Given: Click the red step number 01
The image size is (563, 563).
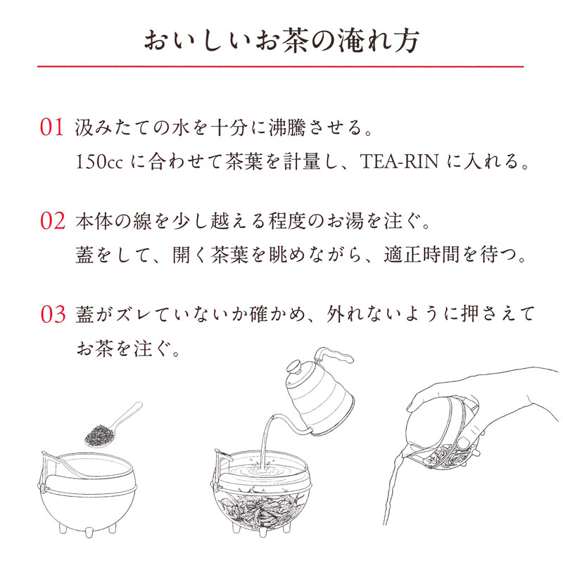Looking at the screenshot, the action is (x=52, y=127).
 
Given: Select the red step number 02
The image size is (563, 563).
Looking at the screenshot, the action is (x=52, y=221).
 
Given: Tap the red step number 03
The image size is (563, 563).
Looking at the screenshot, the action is (x=53, y=314).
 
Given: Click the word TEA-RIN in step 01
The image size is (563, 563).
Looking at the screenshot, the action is (x=399, y=161).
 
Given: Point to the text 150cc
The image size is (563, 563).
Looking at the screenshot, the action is (x=99, y=162).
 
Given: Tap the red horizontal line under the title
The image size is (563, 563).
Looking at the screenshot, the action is (x=280, y=66).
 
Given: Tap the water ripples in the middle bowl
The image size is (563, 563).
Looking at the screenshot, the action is (x=261, y=469).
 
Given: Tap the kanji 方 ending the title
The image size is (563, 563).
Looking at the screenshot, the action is (x=406, y=40).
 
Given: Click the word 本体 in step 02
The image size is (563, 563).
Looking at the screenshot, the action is (x=94, y=221).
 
